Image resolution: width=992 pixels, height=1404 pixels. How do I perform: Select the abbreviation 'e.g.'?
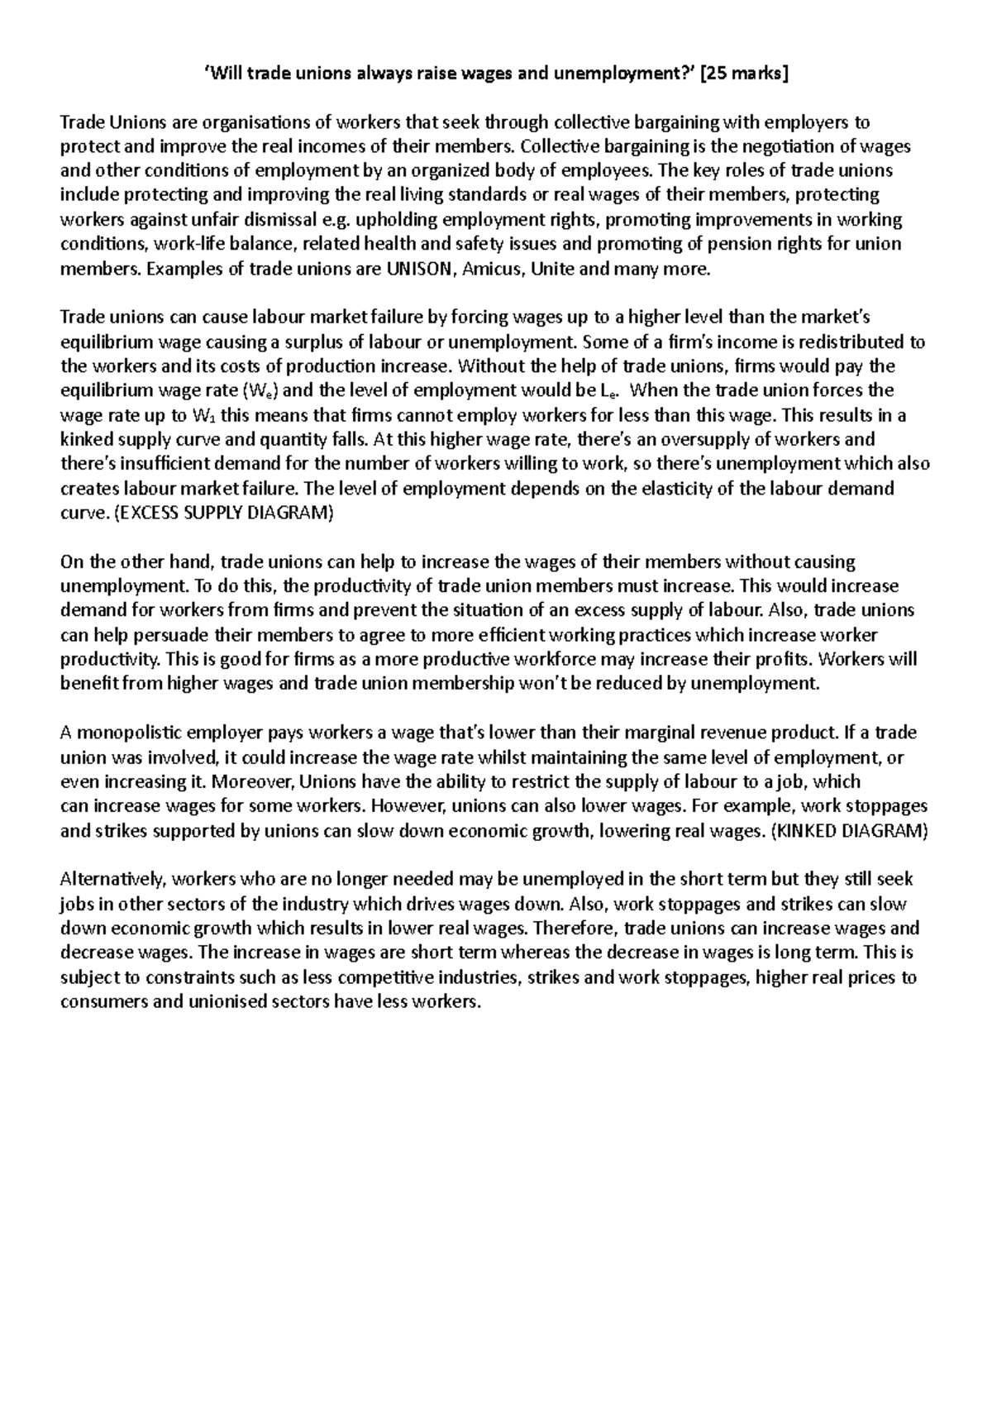310,220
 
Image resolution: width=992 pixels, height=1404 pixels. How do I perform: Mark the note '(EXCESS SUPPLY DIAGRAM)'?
222,513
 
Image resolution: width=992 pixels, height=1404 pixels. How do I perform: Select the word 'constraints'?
169,977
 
